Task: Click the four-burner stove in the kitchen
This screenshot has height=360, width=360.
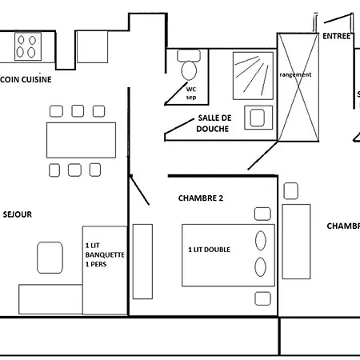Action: pyautogui.click(x=26, y=46)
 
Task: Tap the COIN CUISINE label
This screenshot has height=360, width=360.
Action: pyautogui.click(x=26, y=79)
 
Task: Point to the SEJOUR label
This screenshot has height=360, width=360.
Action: pyautogui.click(x=18, y=214)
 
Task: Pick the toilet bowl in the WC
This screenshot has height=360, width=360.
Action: pyautogui.click(x=190, y=69)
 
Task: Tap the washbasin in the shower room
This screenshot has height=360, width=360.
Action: pyautogui.click(x=257, y=118)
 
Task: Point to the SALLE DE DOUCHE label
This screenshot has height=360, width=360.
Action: pyautogui.click(x=214, y=122)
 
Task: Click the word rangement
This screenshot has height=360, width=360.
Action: pyautogui.click(x=295, y=74)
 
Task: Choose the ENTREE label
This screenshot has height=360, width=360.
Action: pyautogui.click(x=337, y=36)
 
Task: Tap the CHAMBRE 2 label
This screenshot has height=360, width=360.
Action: pyautogui.click(x=200, y=198)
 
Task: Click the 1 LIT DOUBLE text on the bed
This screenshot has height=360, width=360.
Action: pyautogui.click(x=210, y=250)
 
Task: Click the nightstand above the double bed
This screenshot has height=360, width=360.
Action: pyautogui.click(x=262, y=213)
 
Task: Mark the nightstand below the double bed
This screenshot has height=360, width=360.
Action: pyautogui.click(x=262, y=298)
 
